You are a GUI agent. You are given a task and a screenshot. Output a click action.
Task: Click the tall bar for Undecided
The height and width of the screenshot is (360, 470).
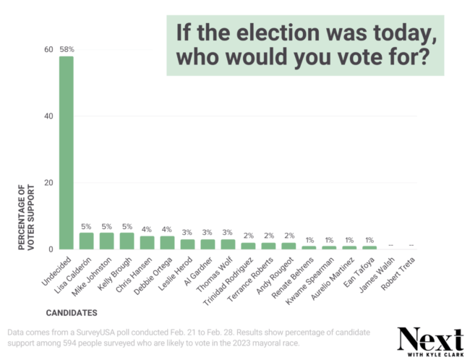click(66, 153)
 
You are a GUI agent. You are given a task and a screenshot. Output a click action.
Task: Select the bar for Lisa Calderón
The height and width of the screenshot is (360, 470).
click(86, 241)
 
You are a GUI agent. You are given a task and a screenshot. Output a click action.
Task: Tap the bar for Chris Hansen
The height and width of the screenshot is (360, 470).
click(147, 243)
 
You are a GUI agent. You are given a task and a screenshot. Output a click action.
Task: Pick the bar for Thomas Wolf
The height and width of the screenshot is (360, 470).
click(228, 244)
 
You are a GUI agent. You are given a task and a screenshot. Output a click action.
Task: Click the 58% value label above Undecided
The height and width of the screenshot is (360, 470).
click(66, 49)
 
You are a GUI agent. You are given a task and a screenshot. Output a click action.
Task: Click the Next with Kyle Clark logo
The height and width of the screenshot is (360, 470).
click(430, 340)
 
